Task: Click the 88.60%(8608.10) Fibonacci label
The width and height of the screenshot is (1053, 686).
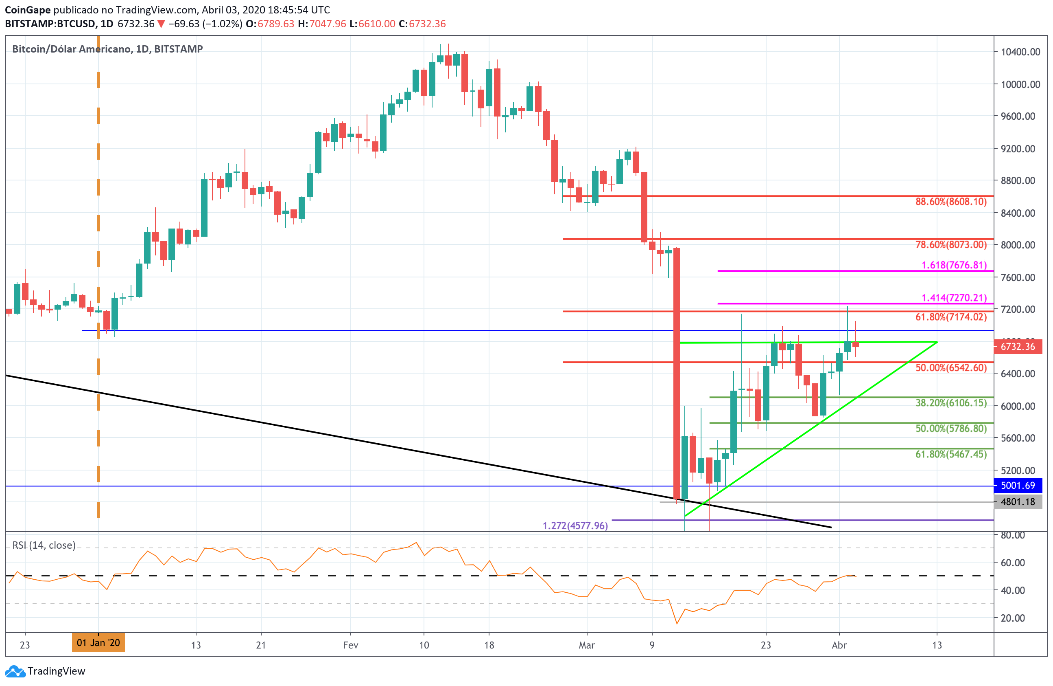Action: (951, 202)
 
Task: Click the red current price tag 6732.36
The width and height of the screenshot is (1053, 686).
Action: (1018, 346)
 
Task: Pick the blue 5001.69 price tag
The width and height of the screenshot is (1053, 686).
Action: (1018, 486)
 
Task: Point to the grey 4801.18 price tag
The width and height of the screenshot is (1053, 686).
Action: (1018, 502)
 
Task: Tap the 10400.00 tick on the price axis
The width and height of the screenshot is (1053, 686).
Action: (1020, 52)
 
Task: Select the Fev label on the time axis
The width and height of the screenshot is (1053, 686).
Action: (350, 645)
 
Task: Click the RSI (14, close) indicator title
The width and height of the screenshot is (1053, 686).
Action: (44, 545)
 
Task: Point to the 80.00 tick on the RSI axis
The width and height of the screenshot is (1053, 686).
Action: (1013, 535)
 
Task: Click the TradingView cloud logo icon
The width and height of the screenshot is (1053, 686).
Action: (15, 671)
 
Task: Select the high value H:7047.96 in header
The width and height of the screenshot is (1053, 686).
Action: (322, 24)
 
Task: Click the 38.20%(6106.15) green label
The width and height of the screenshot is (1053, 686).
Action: (951, 402)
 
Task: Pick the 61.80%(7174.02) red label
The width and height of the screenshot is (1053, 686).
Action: (951, 317)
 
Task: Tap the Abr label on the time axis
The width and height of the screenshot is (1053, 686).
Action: (839, 645)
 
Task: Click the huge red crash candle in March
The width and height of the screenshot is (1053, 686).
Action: (677, 372)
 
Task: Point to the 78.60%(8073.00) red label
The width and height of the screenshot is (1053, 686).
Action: (951, 244)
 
